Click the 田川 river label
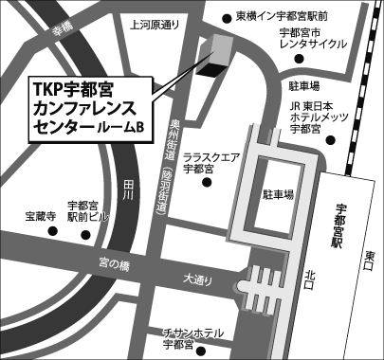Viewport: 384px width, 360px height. pyautogui.click(x=128, y=192)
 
